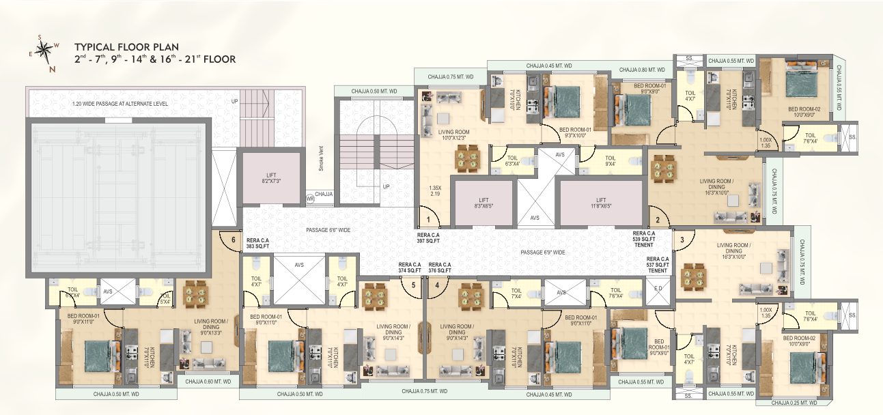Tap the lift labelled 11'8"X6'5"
[x=600, y=203]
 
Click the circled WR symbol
[x=309, y=199]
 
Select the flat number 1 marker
[x=428, y=220]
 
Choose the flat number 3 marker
[x=681, y=240]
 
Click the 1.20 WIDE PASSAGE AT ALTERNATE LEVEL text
[x=120, y=104]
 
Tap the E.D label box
[x=658, y=288]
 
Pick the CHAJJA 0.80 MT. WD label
[x=642, y=70]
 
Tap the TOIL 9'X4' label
[x=611, y=161]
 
